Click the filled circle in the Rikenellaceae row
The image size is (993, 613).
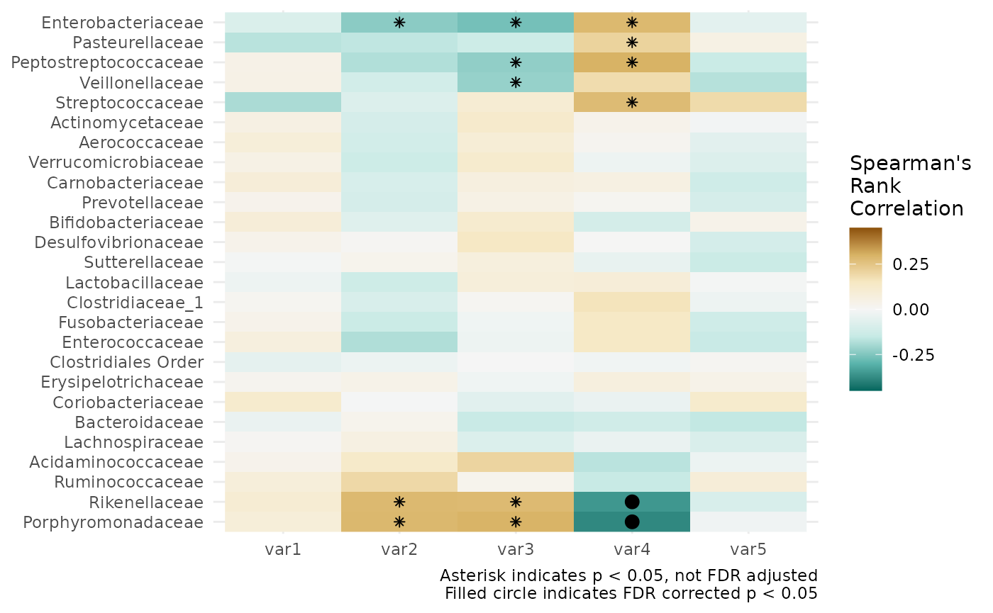point(632,502)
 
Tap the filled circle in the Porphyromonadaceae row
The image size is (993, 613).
point(632,522)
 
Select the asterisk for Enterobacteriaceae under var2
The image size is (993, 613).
point(399,23)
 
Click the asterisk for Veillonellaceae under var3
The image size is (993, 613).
point(516,82)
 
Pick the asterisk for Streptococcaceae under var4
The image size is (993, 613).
point(632,102)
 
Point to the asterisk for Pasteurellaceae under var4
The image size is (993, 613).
point(632,43)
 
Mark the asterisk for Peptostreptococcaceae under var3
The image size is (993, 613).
point(516,62)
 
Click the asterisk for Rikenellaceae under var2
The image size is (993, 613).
point(399,502)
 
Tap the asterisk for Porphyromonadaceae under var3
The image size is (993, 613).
point(516,522)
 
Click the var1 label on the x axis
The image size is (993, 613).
point(283,549)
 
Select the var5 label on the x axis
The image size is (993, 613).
point(748,549)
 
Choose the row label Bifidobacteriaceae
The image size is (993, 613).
point(126,223)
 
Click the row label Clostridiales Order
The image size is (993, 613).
point(127,362)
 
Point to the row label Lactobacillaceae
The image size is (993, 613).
point(134,282)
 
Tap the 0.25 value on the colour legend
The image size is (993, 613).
point(911,264)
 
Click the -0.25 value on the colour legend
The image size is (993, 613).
point(914,355)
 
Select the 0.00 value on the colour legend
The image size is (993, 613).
point(911,310)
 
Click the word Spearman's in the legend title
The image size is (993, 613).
point(911,164)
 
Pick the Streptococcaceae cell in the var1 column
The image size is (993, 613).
point(283,102)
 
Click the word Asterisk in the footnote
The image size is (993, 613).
point(472,575)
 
